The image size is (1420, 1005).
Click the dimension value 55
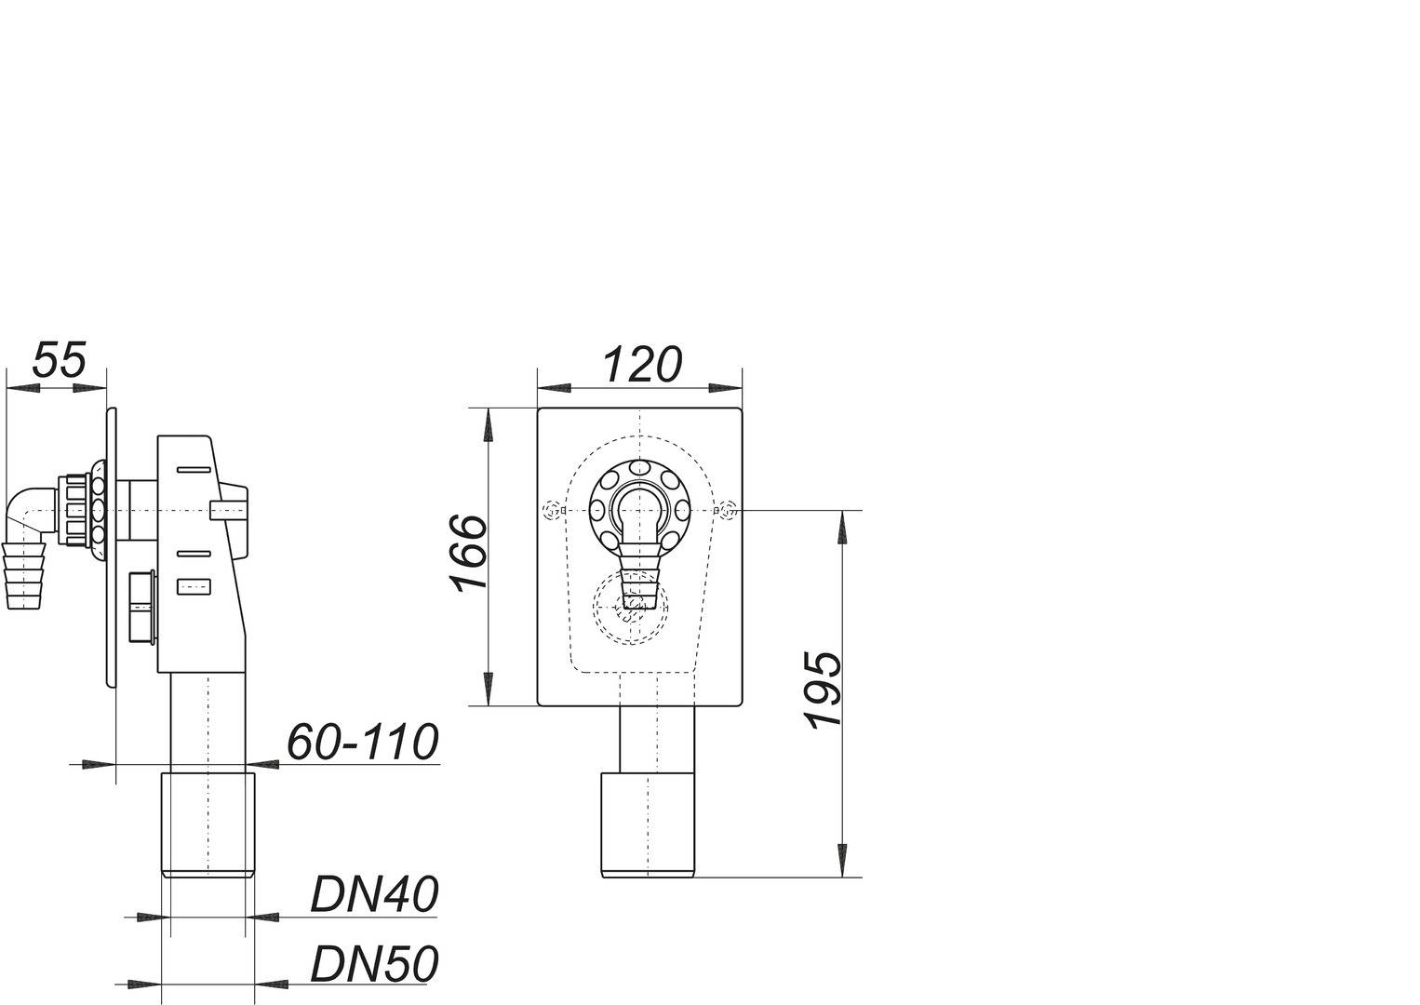60,359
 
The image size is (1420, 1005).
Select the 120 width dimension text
642,365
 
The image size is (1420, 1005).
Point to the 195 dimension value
824,690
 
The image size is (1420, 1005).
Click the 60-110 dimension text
361,743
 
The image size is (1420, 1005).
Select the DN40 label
373,895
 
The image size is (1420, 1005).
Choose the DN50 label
373,965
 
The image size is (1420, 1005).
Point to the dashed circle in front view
631,608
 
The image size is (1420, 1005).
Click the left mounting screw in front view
554,510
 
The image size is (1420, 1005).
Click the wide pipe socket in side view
208,823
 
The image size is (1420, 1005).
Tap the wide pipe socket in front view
648,823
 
